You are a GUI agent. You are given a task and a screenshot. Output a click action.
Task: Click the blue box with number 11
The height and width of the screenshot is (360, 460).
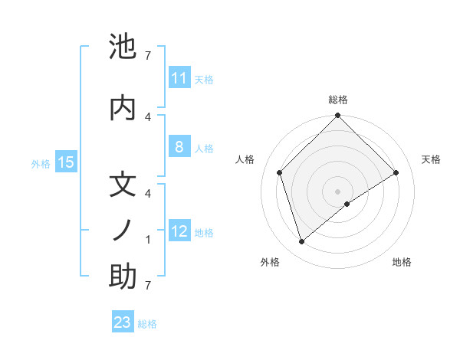(179, 78)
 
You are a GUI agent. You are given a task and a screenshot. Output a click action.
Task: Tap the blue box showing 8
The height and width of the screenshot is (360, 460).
(179, 147)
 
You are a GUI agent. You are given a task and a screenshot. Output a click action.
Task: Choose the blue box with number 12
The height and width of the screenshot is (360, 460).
(179, 231)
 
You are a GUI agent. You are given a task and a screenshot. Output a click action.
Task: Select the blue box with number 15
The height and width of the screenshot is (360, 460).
(66, 162)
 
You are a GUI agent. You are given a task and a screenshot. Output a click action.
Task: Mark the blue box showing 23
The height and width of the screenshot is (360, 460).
(123, 322)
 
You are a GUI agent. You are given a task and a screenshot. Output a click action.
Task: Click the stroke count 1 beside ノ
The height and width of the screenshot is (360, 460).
(148, 240)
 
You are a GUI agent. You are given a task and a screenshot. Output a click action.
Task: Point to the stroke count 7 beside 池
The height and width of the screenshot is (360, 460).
(148, 55)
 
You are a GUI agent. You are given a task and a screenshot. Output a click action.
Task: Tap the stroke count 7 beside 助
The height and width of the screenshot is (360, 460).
(148, 286)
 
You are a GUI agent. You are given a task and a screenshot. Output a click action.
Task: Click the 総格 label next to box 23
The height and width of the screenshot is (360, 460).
(147, 324)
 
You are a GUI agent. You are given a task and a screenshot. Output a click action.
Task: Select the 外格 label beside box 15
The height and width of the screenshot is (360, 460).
(41, 163)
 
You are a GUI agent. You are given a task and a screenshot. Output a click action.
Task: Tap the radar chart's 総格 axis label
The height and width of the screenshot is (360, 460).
(337, 100)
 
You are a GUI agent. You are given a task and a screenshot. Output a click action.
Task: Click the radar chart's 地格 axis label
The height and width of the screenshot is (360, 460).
(402, 262)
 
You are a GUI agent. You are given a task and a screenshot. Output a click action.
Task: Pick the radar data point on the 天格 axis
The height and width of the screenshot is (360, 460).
(396, 172)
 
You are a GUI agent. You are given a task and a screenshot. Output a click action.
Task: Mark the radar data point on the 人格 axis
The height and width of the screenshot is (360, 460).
(280, 172)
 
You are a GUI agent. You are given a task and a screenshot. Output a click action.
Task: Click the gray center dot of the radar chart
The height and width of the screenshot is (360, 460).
(337, 191)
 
